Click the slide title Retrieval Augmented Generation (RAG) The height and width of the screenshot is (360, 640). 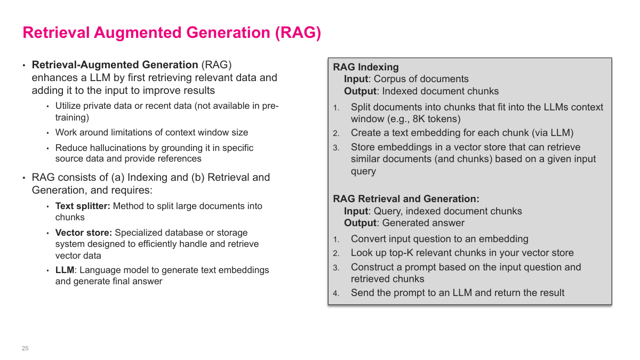[x=172, y=33]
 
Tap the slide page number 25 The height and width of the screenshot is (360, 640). [x=25, y=348]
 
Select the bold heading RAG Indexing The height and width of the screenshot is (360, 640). [x=365, y=67]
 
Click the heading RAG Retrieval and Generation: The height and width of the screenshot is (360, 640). [x=406, y=199]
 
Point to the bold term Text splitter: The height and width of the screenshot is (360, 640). [x=83, y=206]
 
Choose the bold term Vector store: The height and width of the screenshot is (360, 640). [x=84, y=233]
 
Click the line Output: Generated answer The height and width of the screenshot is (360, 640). [x=404, y=223]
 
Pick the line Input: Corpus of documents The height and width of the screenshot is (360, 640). [x=406, y=79]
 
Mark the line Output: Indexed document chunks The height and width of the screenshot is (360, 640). [x=421, y=91]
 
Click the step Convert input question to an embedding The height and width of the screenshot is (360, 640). [x=439, y=239]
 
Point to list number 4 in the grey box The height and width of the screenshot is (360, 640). [x=336, y=293]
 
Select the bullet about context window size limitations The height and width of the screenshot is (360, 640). [x=151, y=132]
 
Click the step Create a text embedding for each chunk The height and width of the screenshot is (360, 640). [x=462, y=133]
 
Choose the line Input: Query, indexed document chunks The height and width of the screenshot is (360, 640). [x=433, y=211]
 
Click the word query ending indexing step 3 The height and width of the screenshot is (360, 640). [x=363, y=171]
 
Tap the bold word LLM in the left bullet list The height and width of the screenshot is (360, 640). [x=65, y=270]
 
